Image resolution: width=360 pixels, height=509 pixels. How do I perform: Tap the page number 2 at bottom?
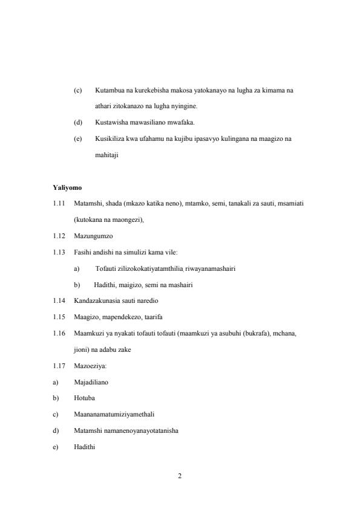point(180,476)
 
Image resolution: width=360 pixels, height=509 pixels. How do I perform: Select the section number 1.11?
point(59,204)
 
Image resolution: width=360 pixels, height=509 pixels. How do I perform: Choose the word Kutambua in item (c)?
point(109,91)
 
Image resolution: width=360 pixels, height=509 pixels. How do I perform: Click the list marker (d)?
point(77,123)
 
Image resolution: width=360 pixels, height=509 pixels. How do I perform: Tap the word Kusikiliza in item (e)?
point(110,138)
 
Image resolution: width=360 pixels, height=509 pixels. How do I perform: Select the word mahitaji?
point(106,155)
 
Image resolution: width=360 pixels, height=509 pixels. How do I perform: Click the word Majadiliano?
point(91,382)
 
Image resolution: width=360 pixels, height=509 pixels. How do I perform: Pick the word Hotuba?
point(83,398)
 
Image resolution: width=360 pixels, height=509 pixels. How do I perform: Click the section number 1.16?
point(59,333)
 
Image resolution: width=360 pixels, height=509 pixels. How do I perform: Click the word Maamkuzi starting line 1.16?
point(90,333)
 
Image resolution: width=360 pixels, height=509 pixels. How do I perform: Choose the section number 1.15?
point(59,317)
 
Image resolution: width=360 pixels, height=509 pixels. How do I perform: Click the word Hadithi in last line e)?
point(84,447)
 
